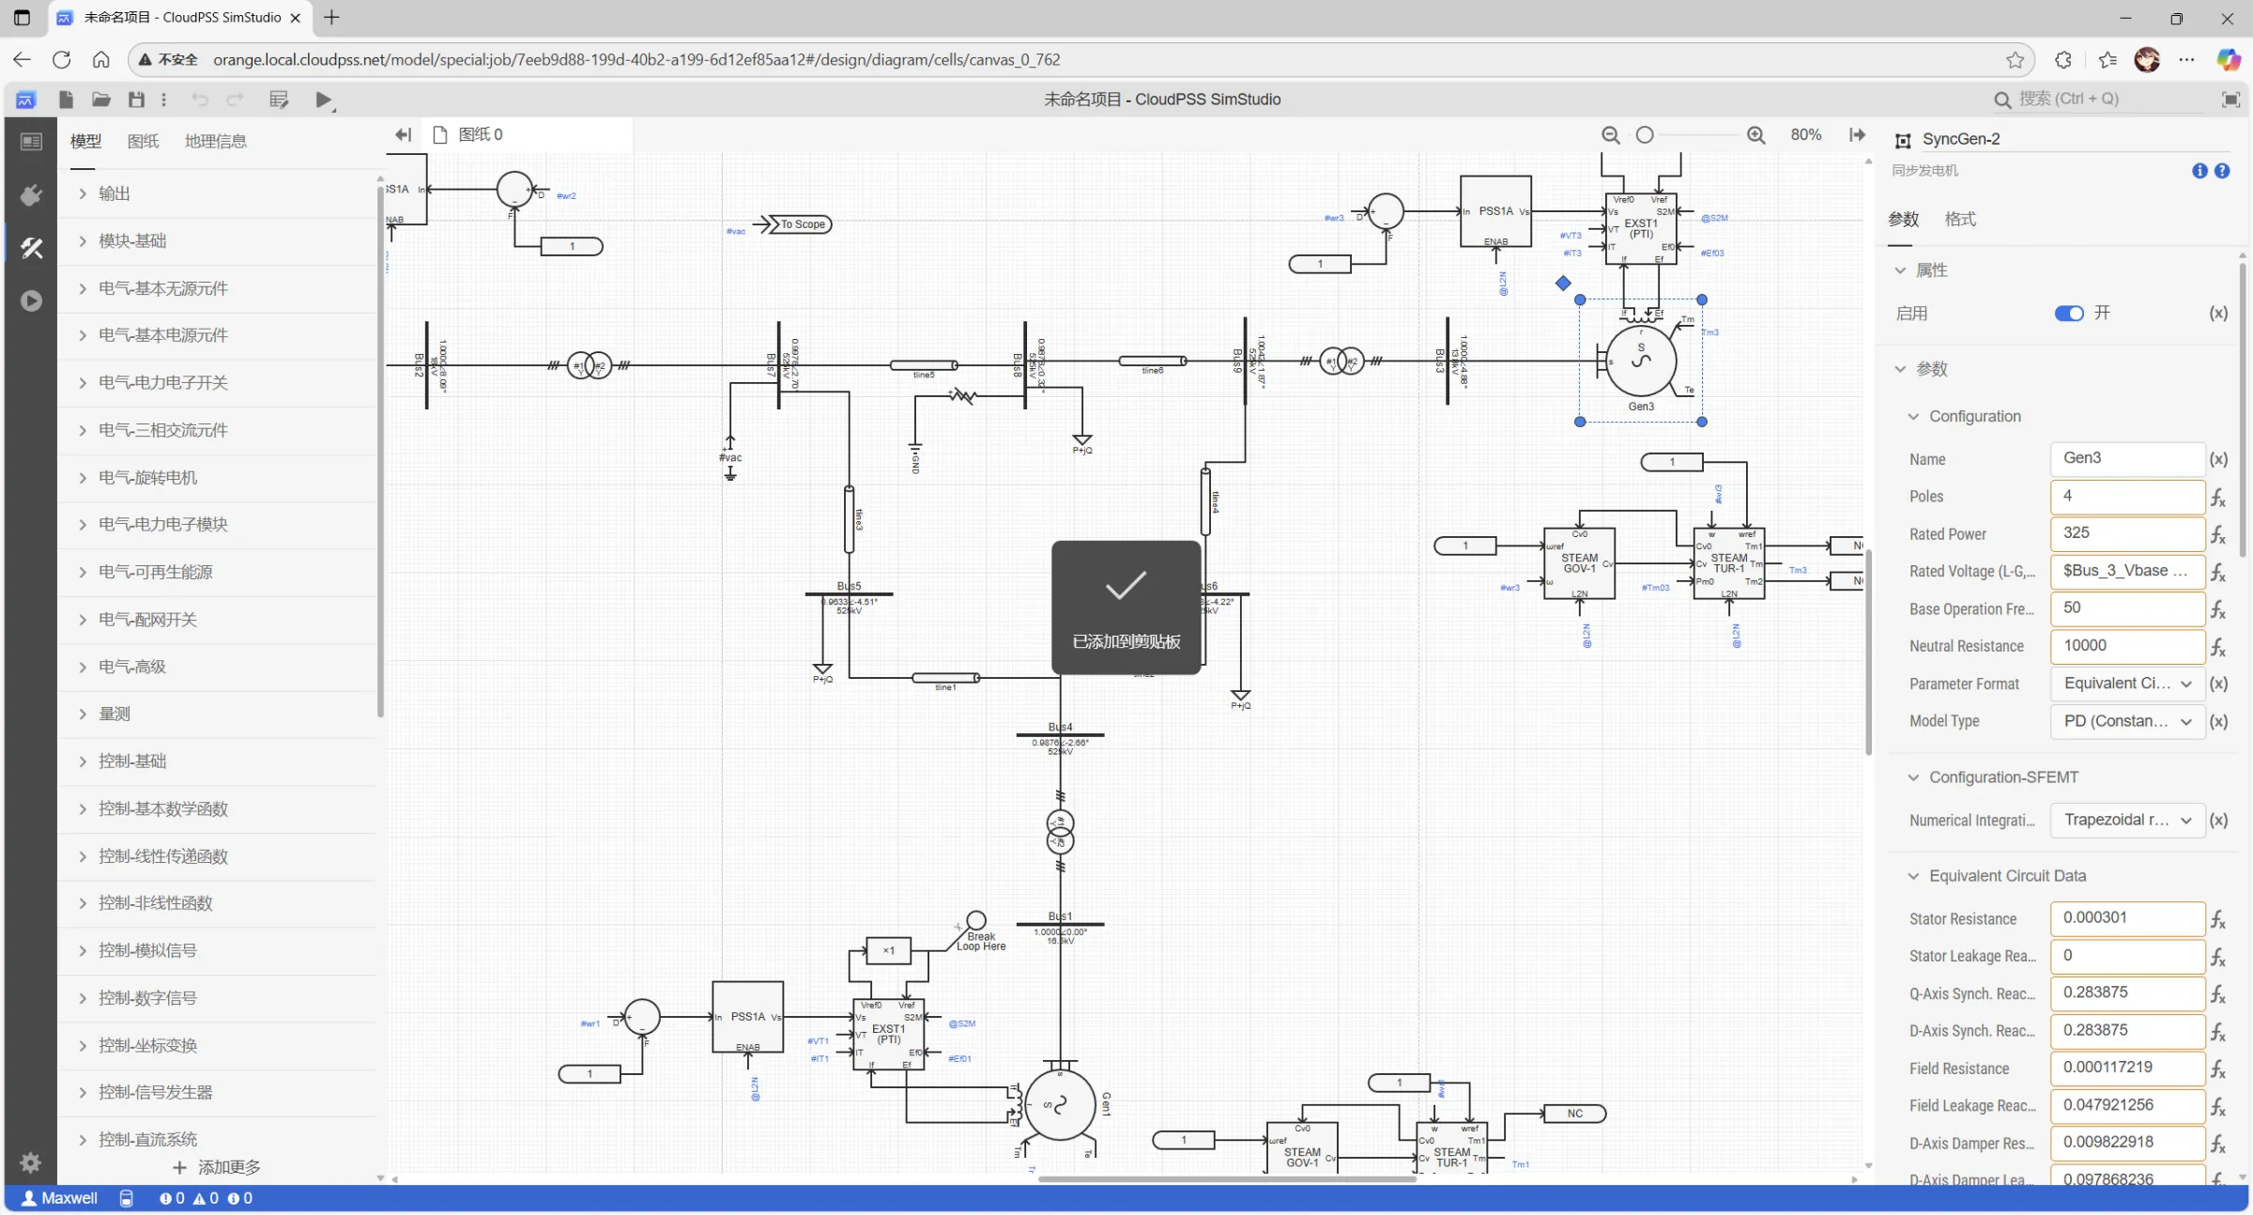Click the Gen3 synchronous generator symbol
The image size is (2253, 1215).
(x=1640, y=361)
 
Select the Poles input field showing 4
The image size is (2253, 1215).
(x=2126, y=496)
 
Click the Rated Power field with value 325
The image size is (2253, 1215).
(x=2126, y=533)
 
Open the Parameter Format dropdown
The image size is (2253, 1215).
(x=2126, y=684)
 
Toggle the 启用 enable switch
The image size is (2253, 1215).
(x=2068, y=314)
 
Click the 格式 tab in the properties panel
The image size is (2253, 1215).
(x=1960, y=219)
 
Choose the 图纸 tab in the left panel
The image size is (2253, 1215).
(x=143, y=141)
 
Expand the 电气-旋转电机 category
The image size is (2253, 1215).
(x=148, y=477)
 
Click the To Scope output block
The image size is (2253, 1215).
(x=802, y=224)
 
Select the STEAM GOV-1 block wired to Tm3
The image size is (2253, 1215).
(x=1579, y=563)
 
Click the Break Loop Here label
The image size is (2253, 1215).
(x=981, y=941)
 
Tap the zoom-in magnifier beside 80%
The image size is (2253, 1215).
(x=1755, y=135)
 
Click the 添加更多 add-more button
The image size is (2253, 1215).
(x=218, y=1167)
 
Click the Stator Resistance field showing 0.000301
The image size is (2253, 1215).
(x=2126, y=918)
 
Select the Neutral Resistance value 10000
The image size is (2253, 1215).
(x=2126, y=646)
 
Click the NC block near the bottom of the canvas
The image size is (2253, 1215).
(x=1574, y=1114)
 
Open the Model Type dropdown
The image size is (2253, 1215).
(x=2126, y=721)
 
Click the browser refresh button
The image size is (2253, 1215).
(x=62, y=60)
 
